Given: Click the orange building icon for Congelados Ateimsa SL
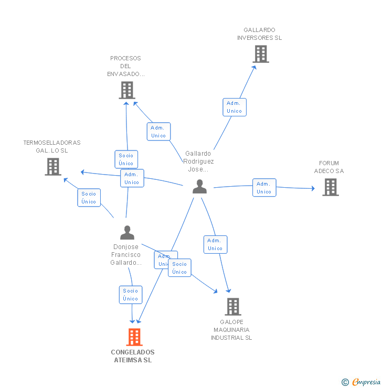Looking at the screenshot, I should point(134,337).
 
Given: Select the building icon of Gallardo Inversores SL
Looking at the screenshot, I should point(260,54).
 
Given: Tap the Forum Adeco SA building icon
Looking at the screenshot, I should point(330,187).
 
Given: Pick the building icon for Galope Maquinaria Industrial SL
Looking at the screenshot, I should point(232,306).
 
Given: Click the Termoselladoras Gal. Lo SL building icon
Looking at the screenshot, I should point(53,167).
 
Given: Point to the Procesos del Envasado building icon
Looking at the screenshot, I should point(126,90).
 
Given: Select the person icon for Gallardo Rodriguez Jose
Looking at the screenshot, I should point(199,187).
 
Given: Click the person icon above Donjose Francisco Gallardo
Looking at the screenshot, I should point(127,232).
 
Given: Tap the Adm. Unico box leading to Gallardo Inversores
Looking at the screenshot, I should point(234,107).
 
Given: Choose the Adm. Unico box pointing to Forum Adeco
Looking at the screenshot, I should point(264,188).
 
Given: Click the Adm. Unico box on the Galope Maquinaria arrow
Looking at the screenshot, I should point(215,244).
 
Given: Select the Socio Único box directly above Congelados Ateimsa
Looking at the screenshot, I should point(131,295).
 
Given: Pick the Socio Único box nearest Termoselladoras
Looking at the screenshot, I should point(89,198).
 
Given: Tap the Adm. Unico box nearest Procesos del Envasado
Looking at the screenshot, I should point(158,132).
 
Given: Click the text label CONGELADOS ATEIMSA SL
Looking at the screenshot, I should point(133,356).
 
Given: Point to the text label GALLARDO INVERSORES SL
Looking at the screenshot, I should point(259,34).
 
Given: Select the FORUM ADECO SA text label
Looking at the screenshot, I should point(329,167).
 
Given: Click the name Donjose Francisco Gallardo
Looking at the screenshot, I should point(126,254).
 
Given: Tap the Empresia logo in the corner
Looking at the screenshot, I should point(362,382).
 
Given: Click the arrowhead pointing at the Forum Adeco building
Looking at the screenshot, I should point(313,189).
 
